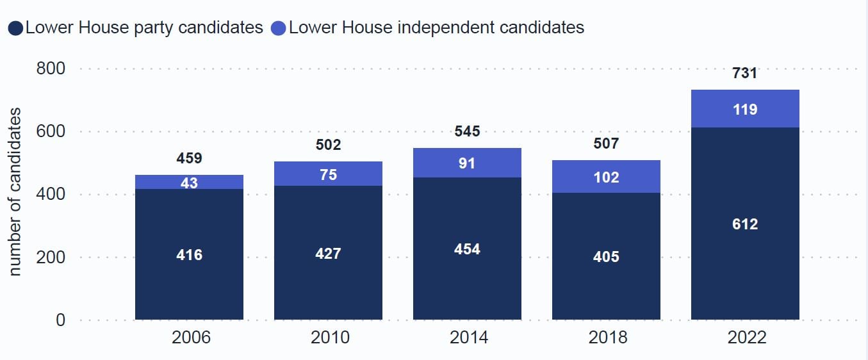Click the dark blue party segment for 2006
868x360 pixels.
coord(189,254)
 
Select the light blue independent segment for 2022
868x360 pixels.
coord(745,108)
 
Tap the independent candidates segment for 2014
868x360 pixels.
coord(467,163)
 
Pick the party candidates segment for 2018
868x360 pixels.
coord(606,256)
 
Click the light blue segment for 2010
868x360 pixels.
coord(328,174)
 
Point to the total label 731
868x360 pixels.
coord(745,73)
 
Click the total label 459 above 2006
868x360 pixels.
coord(189,158)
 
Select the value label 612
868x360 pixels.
coord(745,224)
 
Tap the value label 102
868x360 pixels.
coord(606,177)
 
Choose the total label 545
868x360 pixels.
coord(467,131)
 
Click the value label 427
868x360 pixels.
coord(328,254)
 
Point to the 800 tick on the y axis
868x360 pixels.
coord(51,69)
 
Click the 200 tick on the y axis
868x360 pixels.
coord(51,258)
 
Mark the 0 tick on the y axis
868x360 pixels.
coord(60,320)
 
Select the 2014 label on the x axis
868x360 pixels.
coord(468,337)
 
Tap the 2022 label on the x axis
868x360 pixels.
coord(747,337)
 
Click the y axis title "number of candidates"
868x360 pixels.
coord(14,192)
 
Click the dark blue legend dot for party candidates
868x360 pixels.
coord(15,28)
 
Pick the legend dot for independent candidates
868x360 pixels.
coord(278,28)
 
